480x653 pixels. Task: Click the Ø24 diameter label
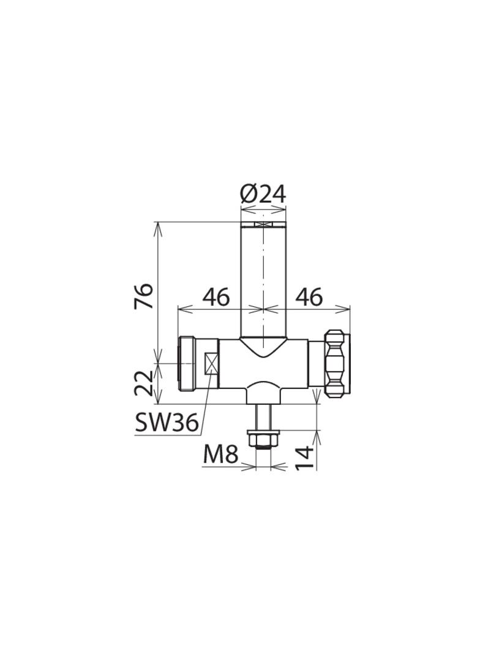263,194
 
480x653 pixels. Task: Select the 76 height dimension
144,296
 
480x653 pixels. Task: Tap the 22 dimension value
144,383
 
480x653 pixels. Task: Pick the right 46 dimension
309,297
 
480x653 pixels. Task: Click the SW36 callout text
167,424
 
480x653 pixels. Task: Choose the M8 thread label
220,455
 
